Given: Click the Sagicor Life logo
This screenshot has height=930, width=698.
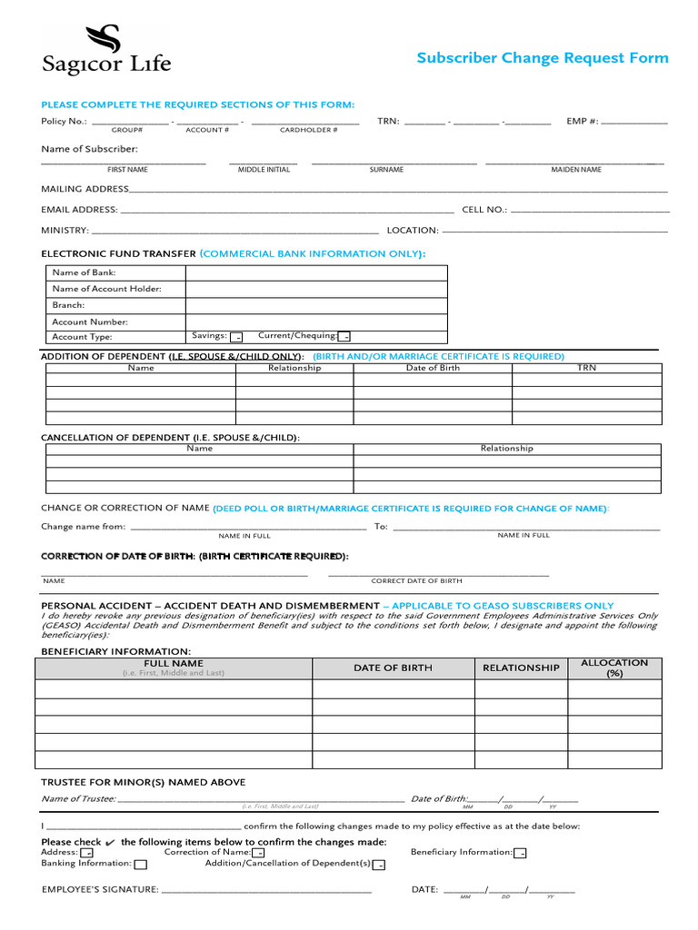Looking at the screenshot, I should click(x=105, y=50).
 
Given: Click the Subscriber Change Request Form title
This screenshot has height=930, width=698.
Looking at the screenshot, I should click(x=542, y=58).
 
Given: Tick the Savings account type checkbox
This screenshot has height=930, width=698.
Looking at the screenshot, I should click(x=236, y=337).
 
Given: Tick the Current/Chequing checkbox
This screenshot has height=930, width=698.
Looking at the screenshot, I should click(x=344, y=337).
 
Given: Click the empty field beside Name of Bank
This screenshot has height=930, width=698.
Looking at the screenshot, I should click(x=316, y=272).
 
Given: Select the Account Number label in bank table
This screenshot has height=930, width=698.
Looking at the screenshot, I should click(x=90, y=322).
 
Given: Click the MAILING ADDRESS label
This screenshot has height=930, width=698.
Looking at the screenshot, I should click(x=85, y=189).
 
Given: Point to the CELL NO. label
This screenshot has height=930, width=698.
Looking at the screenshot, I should click(x=484, y=210).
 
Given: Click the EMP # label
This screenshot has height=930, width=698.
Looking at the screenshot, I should click(x=582, y=121).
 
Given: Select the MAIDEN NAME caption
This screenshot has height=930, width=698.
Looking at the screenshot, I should click(x=575, y=170).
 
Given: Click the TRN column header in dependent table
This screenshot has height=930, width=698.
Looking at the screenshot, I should click(x=586, y=368).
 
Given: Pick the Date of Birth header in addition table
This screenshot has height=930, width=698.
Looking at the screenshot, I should click(x=433, y=368).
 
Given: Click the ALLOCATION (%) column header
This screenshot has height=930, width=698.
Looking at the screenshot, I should click(x=614, y=668).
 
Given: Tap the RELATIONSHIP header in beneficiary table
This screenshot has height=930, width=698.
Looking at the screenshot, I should click(x=521, y=668).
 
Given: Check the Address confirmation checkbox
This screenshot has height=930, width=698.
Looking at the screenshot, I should click(x=86, y=854).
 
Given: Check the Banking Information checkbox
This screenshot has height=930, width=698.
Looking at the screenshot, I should click(x=140, y=865).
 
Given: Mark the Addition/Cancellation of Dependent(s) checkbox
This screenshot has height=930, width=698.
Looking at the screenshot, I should click(x=379, y=865).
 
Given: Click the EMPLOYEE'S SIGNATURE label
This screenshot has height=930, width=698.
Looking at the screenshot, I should click(x=100, y=889).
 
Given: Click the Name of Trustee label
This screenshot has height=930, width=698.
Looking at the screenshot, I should click(x=78, y=799).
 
